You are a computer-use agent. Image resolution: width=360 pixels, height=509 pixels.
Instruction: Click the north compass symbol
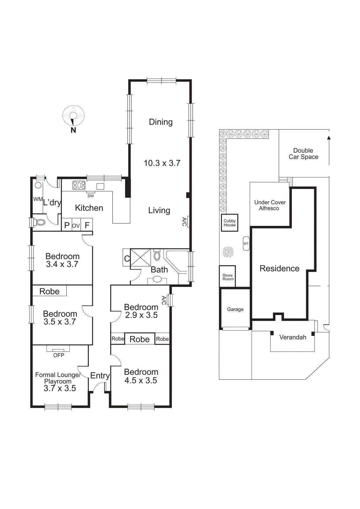point(73,116)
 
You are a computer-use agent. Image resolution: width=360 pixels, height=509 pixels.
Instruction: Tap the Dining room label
point(161,122)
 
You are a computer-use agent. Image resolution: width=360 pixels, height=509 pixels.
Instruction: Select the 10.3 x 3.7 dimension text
point(162,163)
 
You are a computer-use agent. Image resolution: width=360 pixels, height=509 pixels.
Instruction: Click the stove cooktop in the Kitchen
point(79,185)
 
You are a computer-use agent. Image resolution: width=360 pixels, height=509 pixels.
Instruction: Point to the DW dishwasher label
point(91,196)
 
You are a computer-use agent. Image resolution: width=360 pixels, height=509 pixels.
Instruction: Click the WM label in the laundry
point(38,199)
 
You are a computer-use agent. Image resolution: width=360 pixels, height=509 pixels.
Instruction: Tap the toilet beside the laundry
point(39,222)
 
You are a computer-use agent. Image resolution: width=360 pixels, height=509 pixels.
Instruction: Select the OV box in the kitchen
point(76,226)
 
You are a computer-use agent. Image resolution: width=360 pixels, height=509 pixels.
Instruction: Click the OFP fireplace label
point(59,355)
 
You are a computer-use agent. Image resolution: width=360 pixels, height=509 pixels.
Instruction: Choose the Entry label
point(100,376)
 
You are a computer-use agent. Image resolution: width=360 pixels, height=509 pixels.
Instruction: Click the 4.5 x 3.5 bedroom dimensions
point(141,380)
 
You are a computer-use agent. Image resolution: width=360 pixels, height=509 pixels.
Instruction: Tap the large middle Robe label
point(139,339)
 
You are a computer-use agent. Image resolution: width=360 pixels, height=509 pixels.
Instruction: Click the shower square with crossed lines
point(140,257)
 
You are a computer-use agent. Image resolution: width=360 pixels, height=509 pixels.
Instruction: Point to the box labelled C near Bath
point(127,258)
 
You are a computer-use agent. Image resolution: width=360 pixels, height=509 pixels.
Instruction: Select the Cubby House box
point(229,223)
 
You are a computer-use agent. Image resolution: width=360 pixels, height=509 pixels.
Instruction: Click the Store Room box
point(227,277)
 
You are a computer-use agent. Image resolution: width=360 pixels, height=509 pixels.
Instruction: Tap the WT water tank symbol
point(246,244)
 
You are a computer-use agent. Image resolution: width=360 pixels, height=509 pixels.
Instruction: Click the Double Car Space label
point(303,154)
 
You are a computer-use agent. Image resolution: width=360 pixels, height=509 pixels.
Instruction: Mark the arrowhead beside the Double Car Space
point(329,138)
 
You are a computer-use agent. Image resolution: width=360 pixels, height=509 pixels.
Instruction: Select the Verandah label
point(293,337)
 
